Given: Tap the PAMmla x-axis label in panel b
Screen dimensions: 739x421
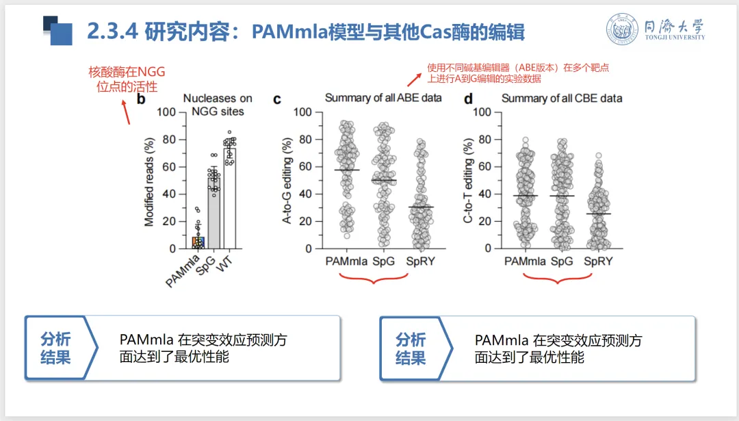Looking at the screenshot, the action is [x=183, y=270].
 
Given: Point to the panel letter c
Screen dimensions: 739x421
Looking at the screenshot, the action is [x=277, y=99].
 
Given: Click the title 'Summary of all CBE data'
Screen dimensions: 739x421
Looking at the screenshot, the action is [x=562, y=99].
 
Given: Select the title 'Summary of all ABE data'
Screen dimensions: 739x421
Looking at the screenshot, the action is [x=383, y=98].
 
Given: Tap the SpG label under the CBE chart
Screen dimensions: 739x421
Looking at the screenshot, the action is [x=561, y=261].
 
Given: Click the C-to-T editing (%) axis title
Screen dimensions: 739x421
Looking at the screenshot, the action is [x=468, y=181].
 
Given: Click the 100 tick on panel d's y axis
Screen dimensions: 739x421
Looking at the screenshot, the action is [x=482, y=112].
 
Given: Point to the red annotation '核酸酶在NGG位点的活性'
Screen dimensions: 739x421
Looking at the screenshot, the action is [x=127, y=79].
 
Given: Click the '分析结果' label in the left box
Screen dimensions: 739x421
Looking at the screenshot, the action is [x=55, y=348].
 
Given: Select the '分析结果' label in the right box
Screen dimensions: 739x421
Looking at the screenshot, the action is [x=411, y=348].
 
